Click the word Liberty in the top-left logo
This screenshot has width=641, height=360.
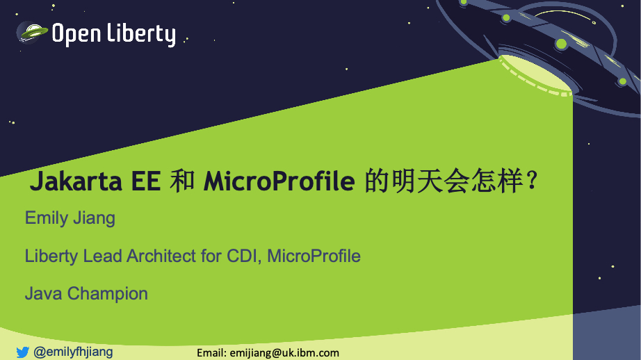coord(141,34)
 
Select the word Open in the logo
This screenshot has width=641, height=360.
coord(76,34)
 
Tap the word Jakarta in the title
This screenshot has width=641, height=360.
coord(76,181)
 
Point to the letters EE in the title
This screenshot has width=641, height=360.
coord(146,181)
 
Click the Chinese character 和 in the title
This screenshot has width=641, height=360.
coord(182,181)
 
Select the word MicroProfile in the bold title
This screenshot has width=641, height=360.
coord(279,181)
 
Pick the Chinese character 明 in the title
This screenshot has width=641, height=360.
coord(405,181)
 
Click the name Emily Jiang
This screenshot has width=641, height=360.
coord(70,218)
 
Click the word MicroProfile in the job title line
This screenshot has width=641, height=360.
coord(314,256)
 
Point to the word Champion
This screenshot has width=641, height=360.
coord(108,294)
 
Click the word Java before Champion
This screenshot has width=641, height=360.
coord(43,294)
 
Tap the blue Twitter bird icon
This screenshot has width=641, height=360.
coord(23,352)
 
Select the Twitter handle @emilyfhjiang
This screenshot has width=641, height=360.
coord(73,352)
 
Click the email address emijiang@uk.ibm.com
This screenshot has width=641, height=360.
coord(284,353)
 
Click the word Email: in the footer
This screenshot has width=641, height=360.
coord(211,353)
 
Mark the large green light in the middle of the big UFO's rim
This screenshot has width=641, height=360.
coord(561,43)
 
